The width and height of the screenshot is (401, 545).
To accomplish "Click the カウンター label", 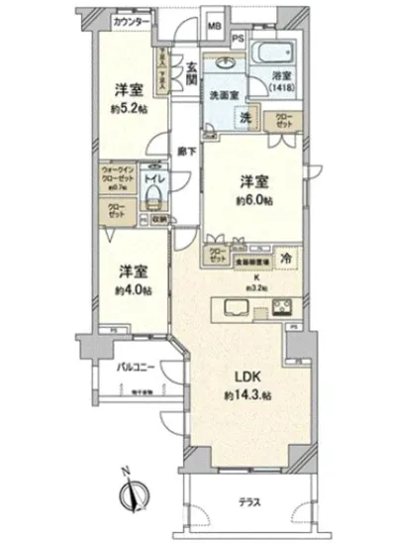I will tap(131, 21).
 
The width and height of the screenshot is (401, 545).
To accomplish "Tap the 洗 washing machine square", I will tap(250, 116).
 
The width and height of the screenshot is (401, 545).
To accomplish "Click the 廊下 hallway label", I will tap(185, 151).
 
